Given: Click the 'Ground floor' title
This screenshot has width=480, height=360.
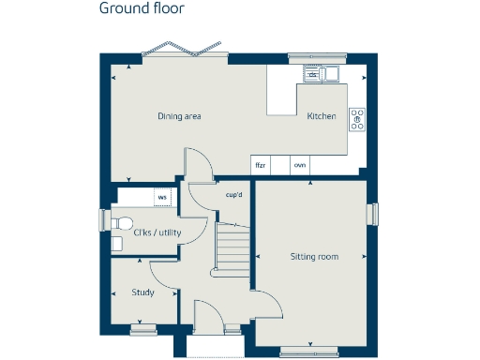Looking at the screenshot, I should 142,9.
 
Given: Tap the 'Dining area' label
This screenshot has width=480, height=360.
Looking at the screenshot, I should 179,116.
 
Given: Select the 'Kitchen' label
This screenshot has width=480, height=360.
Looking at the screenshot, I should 322,117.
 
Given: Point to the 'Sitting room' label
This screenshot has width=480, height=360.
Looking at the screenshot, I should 314,256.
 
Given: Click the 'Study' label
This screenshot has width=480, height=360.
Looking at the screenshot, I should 143,292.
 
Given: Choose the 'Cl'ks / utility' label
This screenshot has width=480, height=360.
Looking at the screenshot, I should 157,232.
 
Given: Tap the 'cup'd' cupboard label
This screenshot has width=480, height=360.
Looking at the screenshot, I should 234,195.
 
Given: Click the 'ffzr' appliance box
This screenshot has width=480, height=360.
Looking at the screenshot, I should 261,165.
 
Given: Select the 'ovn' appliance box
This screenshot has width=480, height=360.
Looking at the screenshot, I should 300,165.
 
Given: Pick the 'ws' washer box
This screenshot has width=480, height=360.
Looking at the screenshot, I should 162,197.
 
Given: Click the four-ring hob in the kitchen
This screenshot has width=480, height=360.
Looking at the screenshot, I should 357,119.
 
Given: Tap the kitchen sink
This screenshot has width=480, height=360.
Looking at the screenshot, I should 322,73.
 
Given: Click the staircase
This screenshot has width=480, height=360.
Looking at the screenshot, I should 233,246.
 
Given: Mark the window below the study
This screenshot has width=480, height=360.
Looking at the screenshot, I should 143,328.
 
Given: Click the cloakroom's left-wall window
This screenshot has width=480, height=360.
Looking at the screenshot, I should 104,218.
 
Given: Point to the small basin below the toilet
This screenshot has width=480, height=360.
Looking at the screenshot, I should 116,243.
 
